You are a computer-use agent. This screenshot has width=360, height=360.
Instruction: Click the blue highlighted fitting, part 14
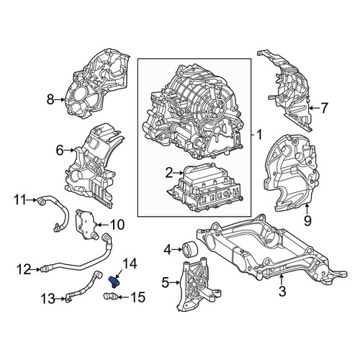(x=115, y=282)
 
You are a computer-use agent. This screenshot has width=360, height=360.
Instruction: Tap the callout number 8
(x=50, y=99)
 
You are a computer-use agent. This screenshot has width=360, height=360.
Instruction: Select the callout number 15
(x=138, y=297)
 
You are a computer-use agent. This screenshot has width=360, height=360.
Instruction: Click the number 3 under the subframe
(x=282, y=291)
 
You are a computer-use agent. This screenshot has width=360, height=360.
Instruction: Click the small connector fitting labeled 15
(x=110, y=297)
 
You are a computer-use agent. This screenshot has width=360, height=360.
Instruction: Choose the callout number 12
(x=24, y=269)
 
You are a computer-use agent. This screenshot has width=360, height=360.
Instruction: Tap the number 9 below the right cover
(x=307, y=220)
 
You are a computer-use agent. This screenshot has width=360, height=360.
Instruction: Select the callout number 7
(x=324, y=108)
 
